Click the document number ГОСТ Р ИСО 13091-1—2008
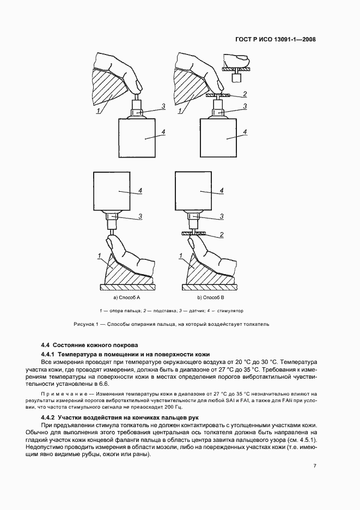click(x=275, y=39)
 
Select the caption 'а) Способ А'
click(x=127, y=298)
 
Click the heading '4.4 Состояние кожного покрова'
click(x=90, y=345)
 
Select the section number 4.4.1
click(x=51, y=355)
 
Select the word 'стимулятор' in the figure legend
click(x=230, y=311)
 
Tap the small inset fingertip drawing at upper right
click(x=236, y=66)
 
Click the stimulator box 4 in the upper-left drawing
click(x=141, y=138)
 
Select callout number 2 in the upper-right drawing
click(x=245, y=93)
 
